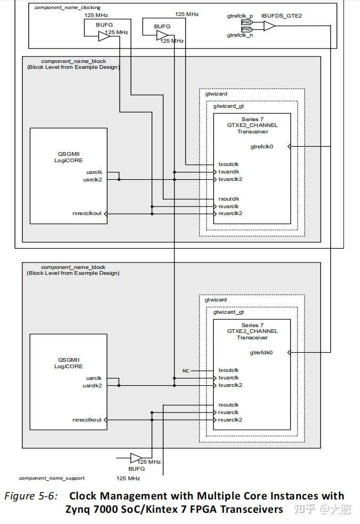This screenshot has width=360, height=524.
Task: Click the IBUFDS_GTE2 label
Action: click(282, 15)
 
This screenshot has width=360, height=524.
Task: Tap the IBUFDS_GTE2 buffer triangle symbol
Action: click(269, 26)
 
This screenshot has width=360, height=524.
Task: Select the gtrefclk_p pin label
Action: click(240, 16)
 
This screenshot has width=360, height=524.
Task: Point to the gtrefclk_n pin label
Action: click(240, 35)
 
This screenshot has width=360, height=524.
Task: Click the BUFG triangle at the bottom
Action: click(136, 458)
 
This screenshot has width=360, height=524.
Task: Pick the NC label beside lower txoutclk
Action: click(186, 371)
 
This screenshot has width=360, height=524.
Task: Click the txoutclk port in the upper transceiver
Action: click(228, 164)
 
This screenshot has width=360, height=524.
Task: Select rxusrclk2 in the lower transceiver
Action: click(230, 420)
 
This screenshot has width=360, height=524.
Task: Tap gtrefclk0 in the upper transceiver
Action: click(262, 147)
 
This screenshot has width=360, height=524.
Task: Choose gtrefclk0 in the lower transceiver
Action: click(261, 353)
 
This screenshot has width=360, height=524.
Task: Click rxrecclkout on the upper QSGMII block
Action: click(87, 213)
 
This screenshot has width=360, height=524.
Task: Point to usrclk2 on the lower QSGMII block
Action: click(92, 386)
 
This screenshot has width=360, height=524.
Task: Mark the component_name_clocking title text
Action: click(67, 7)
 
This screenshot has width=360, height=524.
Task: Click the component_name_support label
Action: click(52, 478)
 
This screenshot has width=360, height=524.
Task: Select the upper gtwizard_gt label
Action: click(228, 106)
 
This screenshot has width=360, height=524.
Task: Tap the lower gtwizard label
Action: click(215, 300)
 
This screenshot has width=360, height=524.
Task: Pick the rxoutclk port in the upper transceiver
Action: click(229, 199)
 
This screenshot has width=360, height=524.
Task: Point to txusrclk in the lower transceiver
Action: click(228, 378)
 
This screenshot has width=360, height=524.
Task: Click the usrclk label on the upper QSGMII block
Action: click(94, 172)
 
